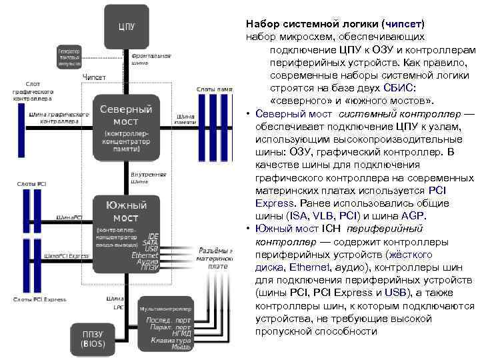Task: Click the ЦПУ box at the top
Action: [x=126, y=27]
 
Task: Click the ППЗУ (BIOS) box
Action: [x=93, y=338]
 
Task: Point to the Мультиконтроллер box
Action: [x=165, y=327]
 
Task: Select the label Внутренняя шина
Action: [x=149, y=177]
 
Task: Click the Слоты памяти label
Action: [x=214, y=89]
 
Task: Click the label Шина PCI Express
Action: [x=67, y=255]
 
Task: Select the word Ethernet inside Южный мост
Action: [x=145, y=255]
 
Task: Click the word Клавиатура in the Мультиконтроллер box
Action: [x=167, y=340]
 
